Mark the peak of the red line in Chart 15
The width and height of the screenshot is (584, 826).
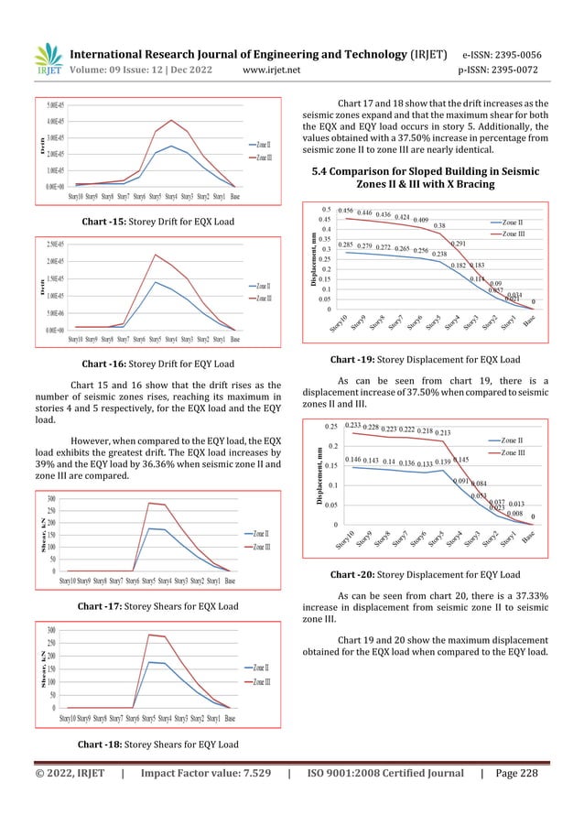(171, 120)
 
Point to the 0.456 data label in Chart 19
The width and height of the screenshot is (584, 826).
(346, 211)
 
